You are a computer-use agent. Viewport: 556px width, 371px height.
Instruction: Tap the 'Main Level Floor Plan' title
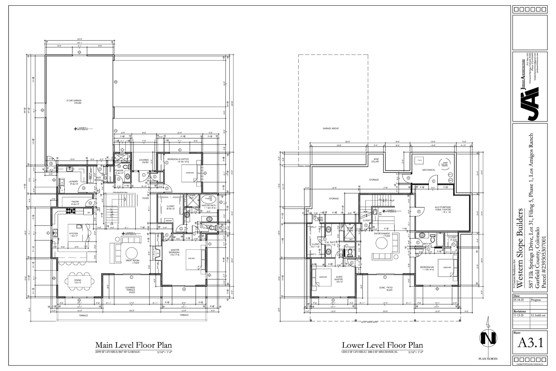[133, 345]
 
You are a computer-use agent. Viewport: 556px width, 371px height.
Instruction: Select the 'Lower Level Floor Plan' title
[382, 345]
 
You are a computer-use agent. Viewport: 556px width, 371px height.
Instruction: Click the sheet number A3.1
[530, 343]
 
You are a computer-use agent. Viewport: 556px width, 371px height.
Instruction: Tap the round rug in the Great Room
[131, 253]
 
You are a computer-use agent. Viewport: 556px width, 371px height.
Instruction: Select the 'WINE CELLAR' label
[375, 160]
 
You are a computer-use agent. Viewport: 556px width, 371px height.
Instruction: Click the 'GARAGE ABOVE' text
[331, 129]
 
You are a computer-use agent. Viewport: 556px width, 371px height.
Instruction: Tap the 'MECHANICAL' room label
[428, 170]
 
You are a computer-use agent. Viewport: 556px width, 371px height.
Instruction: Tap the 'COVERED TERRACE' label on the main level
[130, 289]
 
